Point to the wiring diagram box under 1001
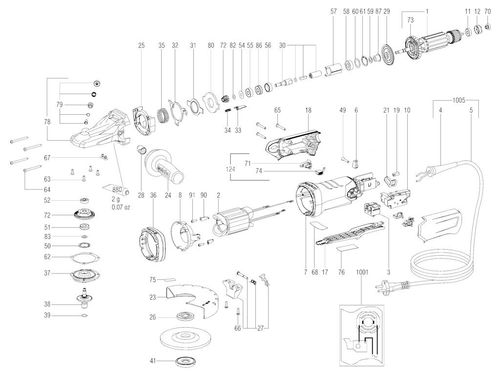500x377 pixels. click(361, 335)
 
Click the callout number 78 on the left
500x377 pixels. click(46, 122)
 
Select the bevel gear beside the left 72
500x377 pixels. click(84, 215)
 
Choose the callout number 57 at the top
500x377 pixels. click(333, 11)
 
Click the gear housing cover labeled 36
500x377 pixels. click(152, 244)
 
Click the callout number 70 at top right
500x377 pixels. click(487, 11)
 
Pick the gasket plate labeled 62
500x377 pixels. click(84, 256)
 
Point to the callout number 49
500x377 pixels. click(342, 111)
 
